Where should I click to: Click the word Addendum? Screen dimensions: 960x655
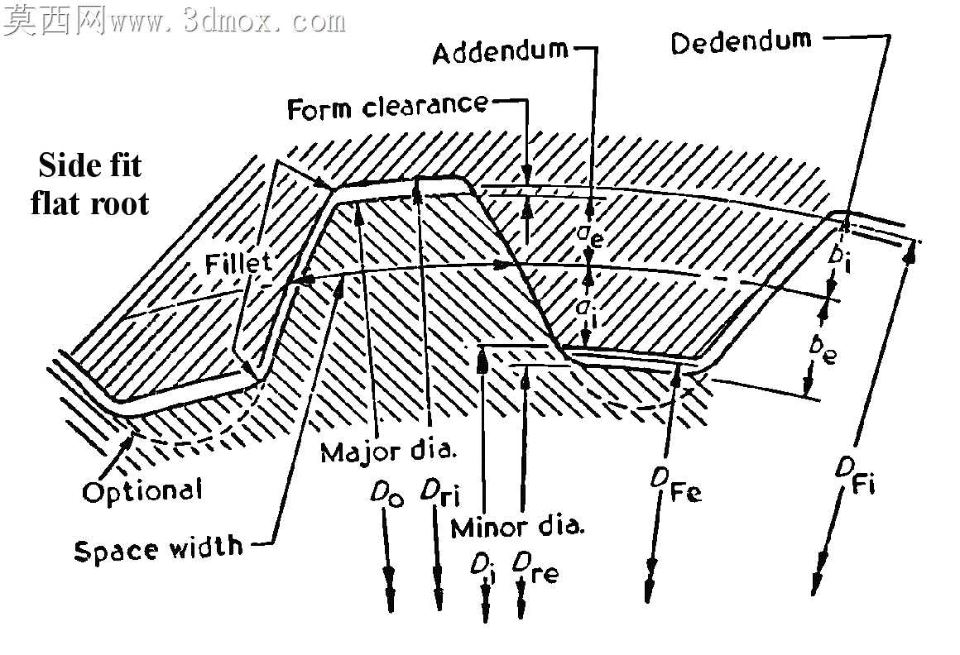pyautogui.click(x=500, y=52)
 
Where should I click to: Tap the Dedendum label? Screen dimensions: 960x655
pyautogui.click(x=741, y=41)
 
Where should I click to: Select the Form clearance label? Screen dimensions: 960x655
pyautogui.click(x=387, y=107)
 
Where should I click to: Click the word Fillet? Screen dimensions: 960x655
pyautogui.click(x=238, y=264)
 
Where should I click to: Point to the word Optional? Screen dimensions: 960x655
pyautogui.click(x=142, y=490)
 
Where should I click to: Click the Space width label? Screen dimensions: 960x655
pyautogui.click(x=158, y=549)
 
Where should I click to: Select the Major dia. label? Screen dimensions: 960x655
pyautogui.click(x=389, y=452)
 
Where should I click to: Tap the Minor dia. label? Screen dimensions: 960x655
pyautogui.click(x=517, y=527)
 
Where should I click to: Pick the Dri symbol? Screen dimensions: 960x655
pyautogui.click(x=439, y=493)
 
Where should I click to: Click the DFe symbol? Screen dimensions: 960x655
pyautogui.click(x=676, y=485)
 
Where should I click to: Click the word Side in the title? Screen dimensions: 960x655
pyautogui.click(x=62, y=165)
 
